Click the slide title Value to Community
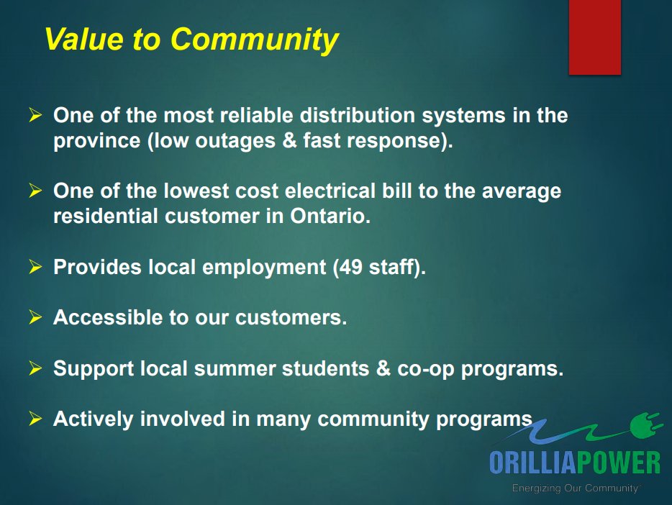[191, 40]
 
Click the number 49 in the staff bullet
[353, 267]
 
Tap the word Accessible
[104, 317]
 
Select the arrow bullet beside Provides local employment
[36, 267]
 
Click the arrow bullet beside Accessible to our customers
[36, 317]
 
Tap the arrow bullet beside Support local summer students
[36, 368]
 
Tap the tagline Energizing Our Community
[574, 488]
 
